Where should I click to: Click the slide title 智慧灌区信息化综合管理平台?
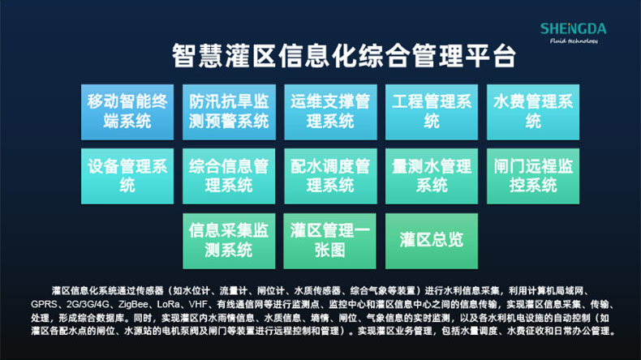(x=343, y=56)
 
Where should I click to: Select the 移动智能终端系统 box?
(x=127, y=111)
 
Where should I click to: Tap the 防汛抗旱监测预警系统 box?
(x=229, y=111)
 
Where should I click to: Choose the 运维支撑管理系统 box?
(x=330, y=111)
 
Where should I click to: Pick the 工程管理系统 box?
(x=432, y=111)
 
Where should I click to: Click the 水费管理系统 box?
(x=533, y=111)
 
